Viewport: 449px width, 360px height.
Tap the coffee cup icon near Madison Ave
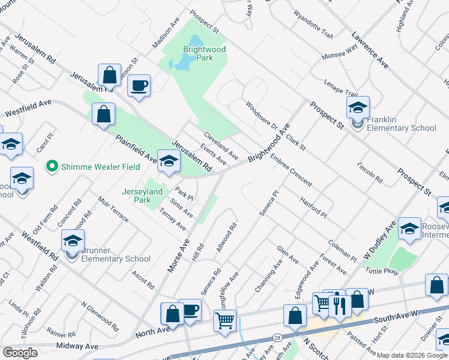139,86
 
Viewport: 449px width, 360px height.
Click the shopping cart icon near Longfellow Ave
225,320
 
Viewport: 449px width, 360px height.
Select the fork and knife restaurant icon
340,306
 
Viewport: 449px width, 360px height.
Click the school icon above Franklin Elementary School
358,107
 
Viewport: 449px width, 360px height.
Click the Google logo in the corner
20,353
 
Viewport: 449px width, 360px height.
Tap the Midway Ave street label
77,346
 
